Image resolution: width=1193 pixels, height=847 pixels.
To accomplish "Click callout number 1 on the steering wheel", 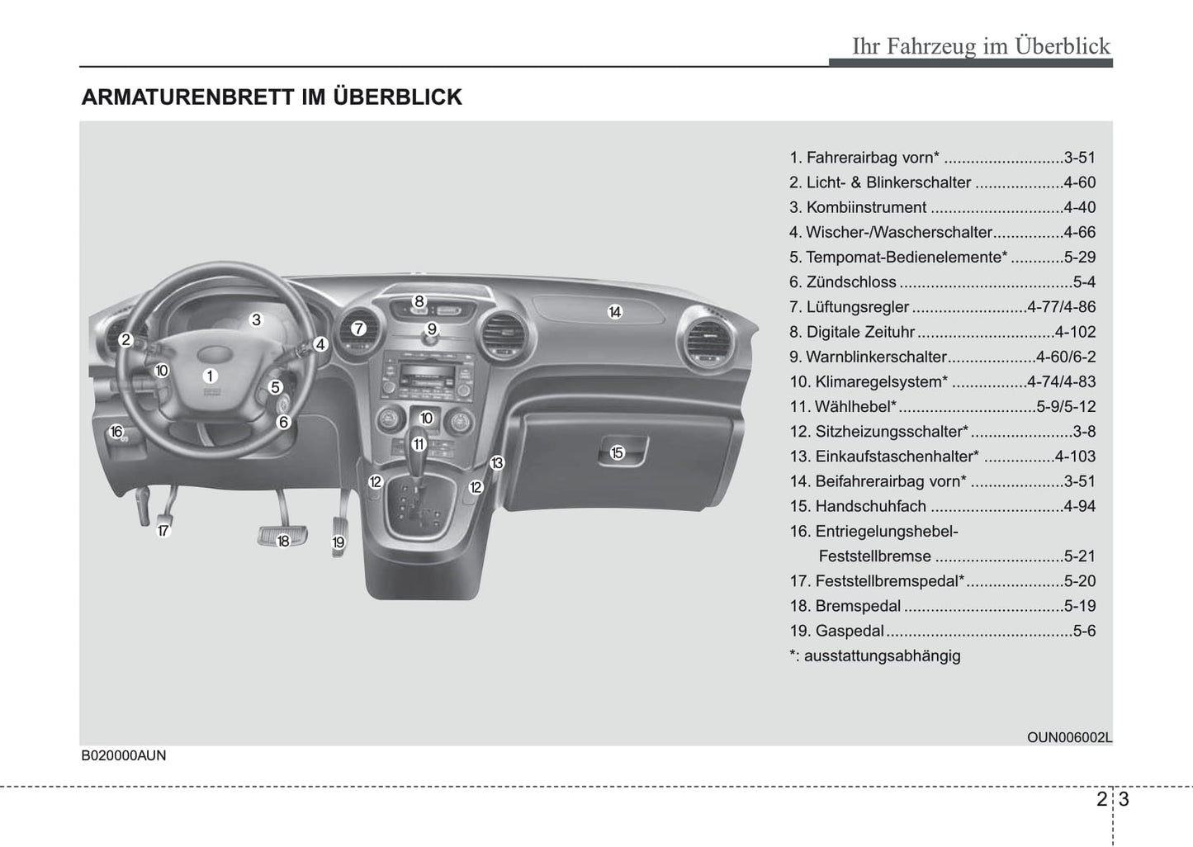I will tap(210, 376).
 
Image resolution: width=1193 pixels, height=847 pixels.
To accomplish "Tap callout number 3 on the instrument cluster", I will tap(256, 319).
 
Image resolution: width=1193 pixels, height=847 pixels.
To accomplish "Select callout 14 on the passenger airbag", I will tap(614, 312).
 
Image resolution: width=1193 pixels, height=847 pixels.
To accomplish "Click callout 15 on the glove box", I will tap(617, 452).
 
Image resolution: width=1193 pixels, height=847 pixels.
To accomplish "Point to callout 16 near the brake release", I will tap(116, 432).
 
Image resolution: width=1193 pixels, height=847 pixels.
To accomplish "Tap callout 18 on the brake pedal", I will tap(283, 541).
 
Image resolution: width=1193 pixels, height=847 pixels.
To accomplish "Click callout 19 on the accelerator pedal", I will tap(338, 542).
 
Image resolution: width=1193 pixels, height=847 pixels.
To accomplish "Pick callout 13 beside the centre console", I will tap(496, 463).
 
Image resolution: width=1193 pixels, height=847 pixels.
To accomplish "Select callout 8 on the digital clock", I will tap(419, 301).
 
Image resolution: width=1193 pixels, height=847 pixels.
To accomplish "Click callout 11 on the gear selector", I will tap(419, 444).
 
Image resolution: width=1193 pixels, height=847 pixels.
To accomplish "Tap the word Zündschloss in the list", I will tap(850, 282).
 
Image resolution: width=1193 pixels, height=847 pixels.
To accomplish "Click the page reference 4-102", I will tap(1075, 332).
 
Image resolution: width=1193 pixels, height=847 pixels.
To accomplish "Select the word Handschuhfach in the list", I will tap(870, 506).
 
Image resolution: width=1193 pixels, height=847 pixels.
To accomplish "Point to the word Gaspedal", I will tap(850, 631).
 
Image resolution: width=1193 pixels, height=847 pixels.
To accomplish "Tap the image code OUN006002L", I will tap(1069, 737).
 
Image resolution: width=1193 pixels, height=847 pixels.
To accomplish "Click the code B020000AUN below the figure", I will tap(124, 755).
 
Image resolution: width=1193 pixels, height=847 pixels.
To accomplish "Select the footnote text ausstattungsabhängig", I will tap(882, 655).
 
